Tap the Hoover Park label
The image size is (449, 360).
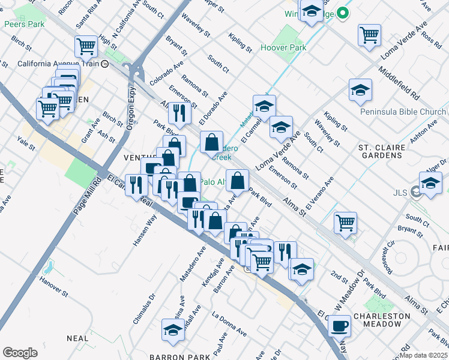click(283, 48)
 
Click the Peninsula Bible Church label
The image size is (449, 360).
click(403, 112)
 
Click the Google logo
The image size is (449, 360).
click(20, 353)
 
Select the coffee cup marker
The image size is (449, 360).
click(339, 326)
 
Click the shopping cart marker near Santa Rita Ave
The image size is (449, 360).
click(86, 46)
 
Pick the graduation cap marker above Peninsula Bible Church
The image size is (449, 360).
click(360, 89)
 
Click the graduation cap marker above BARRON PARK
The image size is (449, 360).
click(173, 329)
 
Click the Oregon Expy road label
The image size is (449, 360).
click(131, 109)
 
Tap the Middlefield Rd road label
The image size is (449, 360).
click(399, 83)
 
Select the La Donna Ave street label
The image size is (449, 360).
click(229, 323)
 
